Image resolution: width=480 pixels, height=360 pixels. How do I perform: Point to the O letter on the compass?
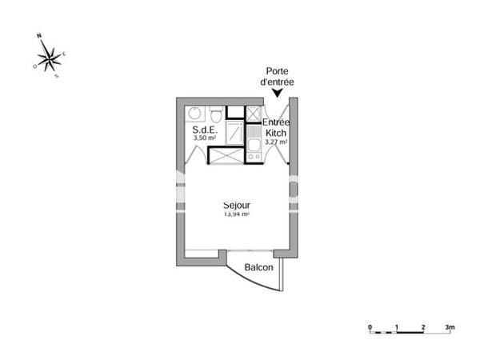point(34,67)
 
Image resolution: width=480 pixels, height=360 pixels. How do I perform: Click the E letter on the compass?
point(64,53)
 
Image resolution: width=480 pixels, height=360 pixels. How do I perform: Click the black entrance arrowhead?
point(277,93)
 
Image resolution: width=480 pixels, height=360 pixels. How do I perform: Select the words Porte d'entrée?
point(277,76)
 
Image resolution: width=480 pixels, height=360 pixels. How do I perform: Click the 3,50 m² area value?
point(205,138)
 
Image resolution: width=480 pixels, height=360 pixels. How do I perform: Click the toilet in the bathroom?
point(214,112)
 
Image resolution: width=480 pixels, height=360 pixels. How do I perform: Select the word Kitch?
point(277,133)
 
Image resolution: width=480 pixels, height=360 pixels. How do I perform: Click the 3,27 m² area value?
point(277,142)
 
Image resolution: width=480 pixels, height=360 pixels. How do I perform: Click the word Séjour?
point(237,205)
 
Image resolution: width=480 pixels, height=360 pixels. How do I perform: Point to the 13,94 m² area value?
point(237,214)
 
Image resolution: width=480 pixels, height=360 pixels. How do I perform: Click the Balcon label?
point(258,268)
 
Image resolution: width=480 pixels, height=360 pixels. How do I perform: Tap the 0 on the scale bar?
point(370,327)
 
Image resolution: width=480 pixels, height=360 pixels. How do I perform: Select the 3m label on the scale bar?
point(451,327)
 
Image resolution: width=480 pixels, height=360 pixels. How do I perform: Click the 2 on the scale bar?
point(423,327)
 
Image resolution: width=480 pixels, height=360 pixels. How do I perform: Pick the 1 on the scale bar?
point(397,327)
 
